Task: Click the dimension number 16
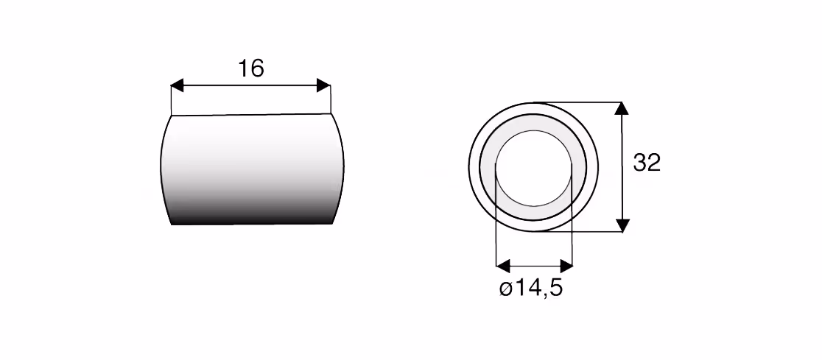click(x=251, y=68)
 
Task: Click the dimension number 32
click(x=647, y=163)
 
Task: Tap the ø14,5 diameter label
click(x=531, y=288)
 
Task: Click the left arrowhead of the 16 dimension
click(x=178, y=85)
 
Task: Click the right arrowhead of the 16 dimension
click(x=324, y=85)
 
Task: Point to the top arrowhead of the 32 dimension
click(x=622, y=108)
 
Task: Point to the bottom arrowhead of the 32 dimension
click(x=622, y=225)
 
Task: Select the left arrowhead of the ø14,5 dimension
click(x=502, y=266)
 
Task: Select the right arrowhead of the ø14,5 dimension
click(x=566, y=266)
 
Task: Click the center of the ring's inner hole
click(x=534, y=168)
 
